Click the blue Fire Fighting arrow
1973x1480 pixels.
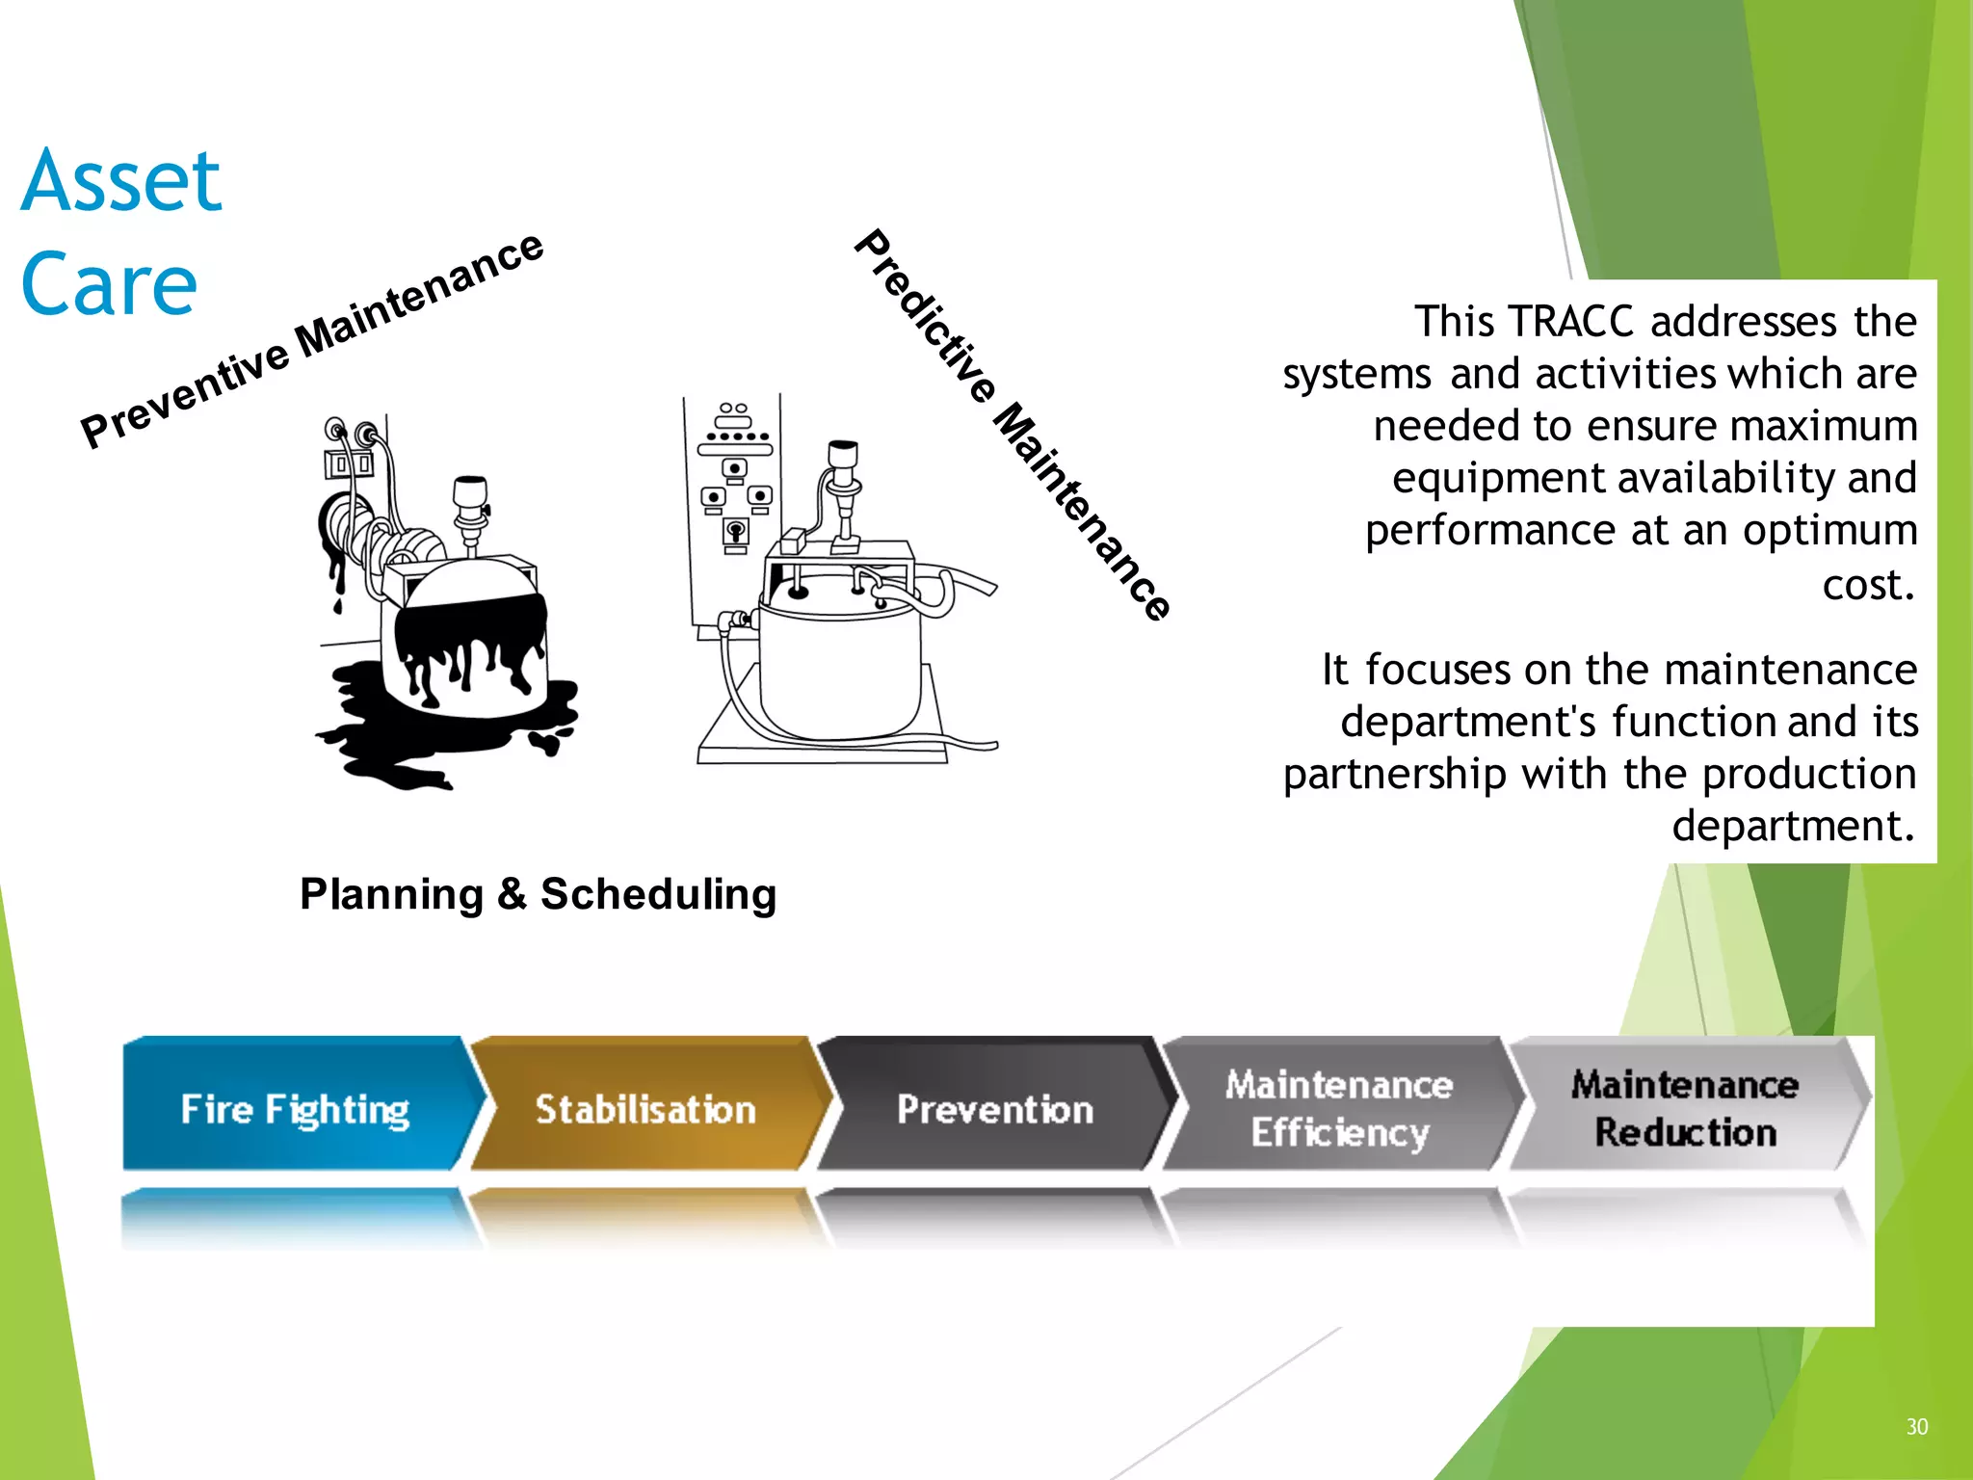point(294,1108)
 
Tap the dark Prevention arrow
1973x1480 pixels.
point(994,1108)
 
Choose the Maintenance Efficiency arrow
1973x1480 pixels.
point(1339,1108)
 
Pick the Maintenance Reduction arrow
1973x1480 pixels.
point(1684,1108)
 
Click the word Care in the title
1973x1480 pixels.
point(109,284)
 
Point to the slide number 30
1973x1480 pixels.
point(1916,1427)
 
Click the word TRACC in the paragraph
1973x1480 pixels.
point(1570,322)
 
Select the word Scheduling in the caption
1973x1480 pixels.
point(658,895)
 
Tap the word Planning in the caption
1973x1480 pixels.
point(391,895)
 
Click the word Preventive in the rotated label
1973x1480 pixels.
point(183,395)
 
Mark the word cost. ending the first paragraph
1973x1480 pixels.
point(1867,584)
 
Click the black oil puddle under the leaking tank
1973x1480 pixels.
point(385,732)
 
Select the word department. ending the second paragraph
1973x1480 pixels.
point(1792,827)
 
